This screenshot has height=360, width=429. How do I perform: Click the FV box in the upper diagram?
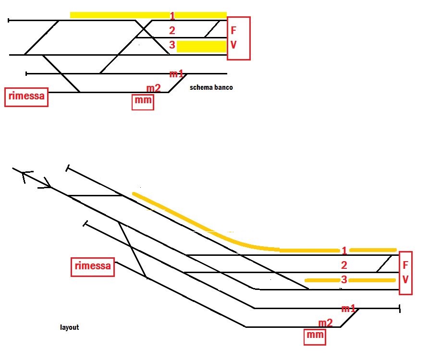click(239, 38)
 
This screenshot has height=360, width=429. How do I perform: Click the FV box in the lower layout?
click(405, 272)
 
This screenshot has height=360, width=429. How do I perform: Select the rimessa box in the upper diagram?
click(26, 97)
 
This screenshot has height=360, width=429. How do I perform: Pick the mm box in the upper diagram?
click(143, 102)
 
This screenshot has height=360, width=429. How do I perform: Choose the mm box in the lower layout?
click(315, 336)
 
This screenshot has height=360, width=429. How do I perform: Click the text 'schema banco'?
click(211, 88)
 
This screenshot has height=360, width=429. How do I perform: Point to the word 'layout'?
click(69, 327)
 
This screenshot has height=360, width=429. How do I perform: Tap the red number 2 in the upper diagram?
click(172, 31)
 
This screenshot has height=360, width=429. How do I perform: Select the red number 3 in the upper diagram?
click(172, 46)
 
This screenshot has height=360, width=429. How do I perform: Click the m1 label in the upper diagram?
click(176, 74)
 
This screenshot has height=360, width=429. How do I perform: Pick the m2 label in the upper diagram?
click(154, 88)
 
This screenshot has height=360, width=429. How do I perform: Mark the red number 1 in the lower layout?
click(344, 251)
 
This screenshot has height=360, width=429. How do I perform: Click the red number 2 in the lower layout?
click(344, 265)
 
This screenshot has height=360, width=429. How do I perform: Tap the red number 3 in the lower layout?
click(344, 280)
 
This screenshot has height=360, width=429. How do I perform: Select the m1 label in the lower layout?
click(348, 308)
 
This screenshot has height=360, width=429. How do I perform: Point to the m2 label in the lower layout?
click(325, 323)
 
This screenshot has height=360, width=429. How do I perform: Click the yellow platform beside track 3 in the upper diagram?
click(202, 47)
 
